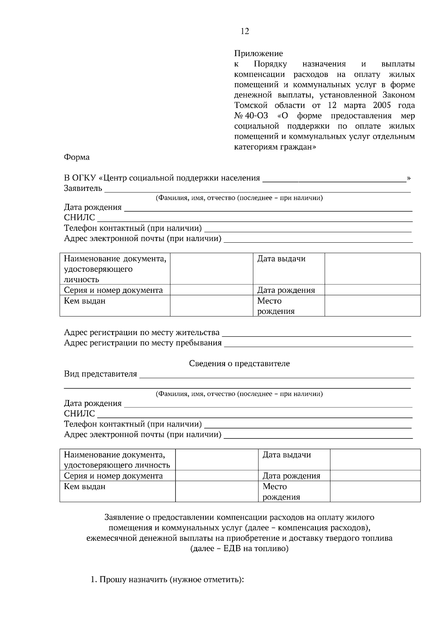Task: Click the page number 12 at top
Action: (245, 31)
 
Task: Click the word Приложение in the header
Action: (258, 53)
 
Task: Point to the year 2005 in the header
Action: (379, 105)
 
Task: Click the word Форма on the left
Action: (77, 157)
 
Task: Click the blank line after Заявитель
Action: (257, 189)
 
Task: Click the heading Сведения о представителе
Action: (239, 363)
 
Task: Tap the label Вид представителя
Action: (101, 374)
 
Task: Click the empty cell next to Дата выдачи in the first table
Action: (372, 269)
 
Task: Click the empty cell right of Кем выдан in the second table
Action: (216, 491)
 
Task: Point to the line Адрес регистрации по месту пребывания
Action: (143, 343)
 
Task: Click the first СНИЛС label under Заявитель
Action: (79, 217)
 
